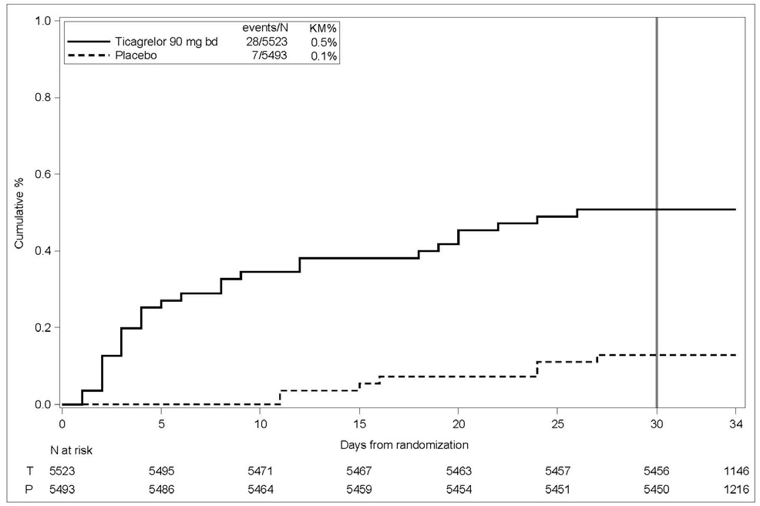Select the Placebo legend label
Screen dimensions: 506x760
(x=133, y=56)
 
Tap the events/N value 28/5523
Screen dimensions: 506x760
(x=267, y=42)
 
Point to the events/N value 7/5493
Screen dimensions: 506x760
(x=270, y=56)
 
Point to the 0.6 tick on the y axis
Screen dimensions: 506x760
(x=44, y=174)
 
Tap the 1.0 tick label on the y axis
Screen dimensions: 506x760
(x=44, y=21)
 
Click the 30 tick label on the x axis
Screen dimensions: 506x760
(x=656, y=422)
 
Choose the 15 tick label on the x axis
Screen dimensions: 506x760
(x=359, y=422)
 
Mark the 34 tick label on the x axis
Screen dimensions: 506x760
(x=735, y=422)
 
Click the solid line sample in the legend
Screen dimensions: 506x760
(x=89, y=42)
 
